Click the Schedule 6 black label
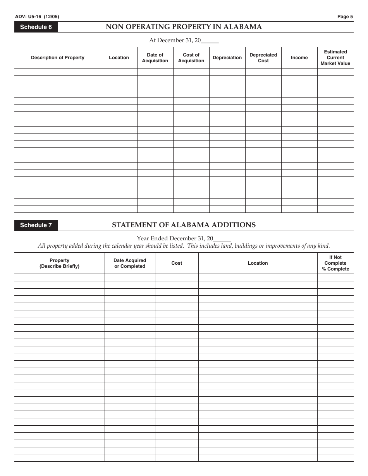[36, 27]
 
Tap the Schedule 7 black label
[36, 225]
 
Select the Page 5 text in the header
[345, 17]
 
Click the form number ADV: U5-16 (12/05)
[37, 17]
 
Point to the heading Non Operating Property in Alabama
[184, 27]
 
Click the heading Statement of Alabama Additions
[184, 225]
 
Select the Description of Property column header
[58, 58]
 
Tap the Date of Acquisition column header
[155, 58]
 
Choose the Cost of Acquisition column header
[191, 58]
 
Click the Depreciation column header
[227, 58]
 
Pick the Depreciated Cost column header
[263, 58]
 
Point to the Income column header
[299, 58]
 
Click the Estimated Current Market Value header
[335, 58]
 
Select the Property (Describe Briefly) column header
[59, 263]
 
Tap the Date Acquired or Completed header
[130, 263]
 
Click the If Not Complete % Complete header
[335, 263]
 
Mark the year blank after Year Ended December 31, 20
[222, 239]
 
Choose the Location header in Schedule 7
[258, 263]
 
